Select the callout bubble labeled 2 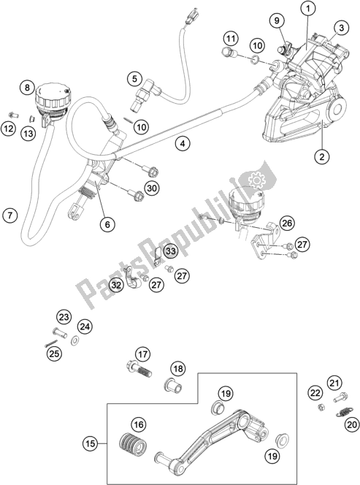(x=319, y=155)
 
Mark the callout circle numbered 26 (x=287, y=223)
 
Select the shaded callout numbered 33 (x=170, y=252)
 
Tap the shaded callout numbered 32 (x=116, y=284)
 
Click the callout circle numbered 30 (x=151, y=188)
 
